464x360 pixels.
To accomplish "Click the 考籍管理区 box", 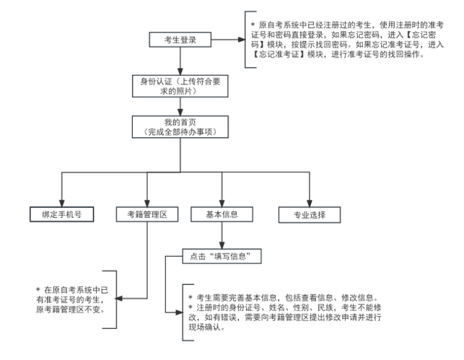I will click(146, 214).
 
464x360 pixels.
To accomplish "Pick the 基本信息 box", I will click(221, 214).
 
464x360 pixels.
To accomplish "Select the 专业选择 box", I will click(310, 214).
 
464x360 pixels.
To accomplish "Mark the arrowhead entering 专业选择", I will click(310, 203).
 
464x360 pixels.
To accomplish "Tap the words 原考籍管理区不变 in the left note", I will click(69, 309).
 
